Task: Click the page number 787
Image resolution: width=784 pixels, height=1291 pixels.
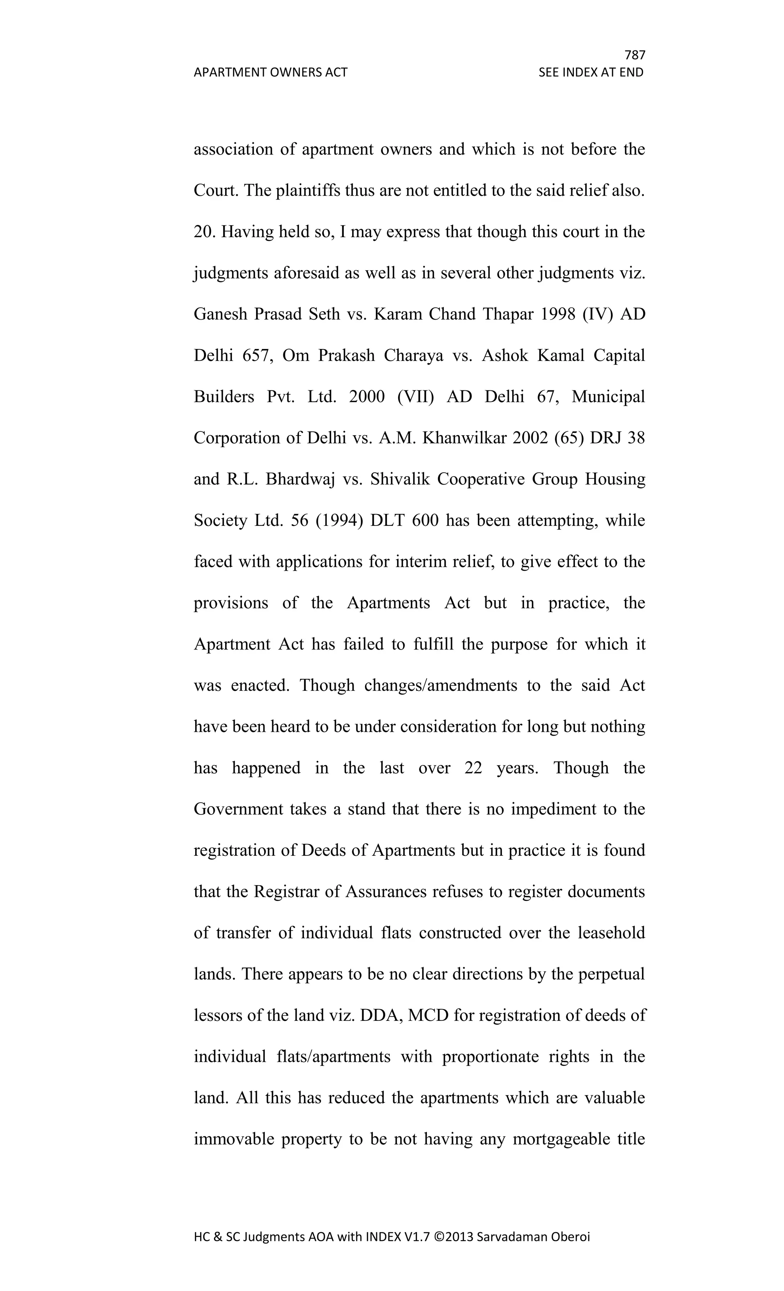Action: (635, 55)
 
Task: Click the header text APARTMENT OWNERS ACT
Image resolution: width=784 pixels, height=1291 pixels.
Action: (270, 72)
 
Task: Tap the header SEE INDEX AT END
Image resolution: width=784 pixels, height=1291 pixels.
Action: (591, 72)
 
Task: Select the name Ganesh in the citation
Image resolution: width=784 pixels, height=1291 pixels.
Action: (220, 314)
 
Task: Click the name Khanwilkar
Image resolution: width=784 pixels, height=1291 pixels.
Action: (464, 438)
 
